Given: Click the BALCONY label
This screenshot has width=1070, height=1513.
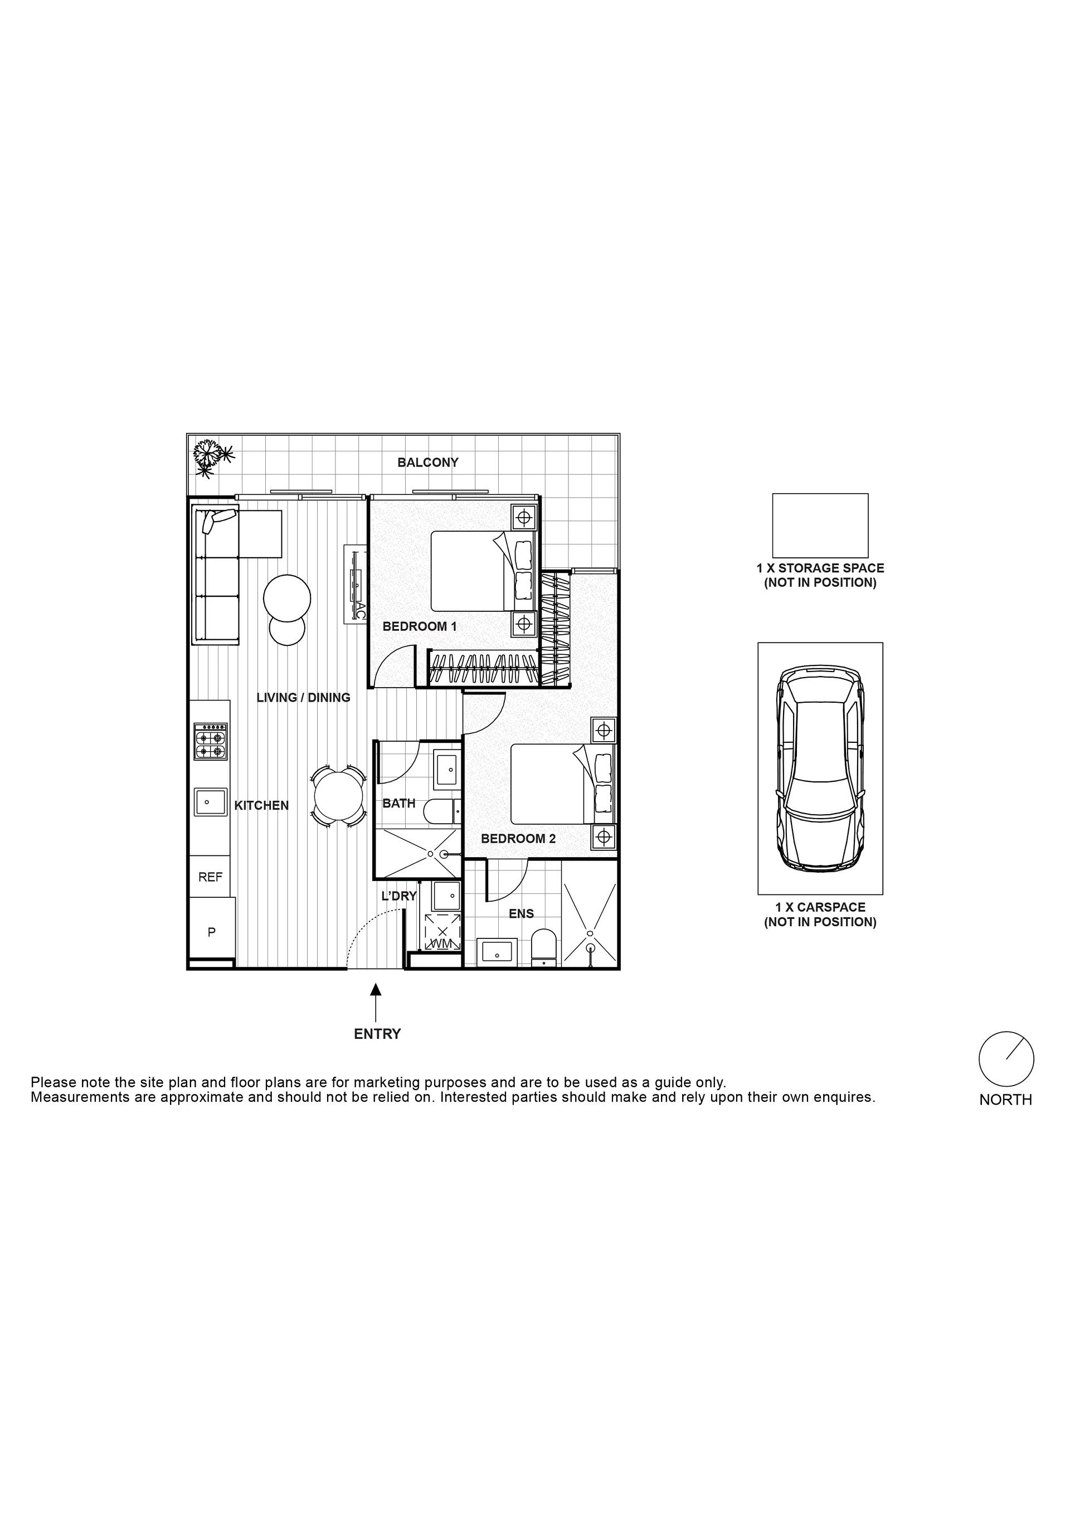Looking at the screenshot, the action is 427,463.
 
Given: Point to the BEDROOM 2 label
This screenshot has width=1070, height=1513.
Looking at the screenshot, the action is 518,839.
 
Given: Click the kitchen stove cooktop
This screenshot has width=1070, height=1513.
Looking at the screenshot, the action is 210,741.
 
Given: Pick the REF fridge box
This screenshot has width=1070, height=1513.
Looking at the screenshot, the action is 210,877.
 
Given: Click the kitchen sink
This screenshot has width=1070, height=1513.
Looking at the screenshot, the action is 210,802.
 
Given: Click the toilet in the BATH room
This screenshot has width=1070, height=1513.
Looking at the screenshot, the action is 441,811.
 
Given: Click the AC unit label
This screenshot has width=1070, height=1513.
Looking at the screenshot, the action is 361,610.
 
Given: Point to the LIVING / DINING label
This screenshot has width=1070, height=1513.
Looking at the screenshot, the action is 303,697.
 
